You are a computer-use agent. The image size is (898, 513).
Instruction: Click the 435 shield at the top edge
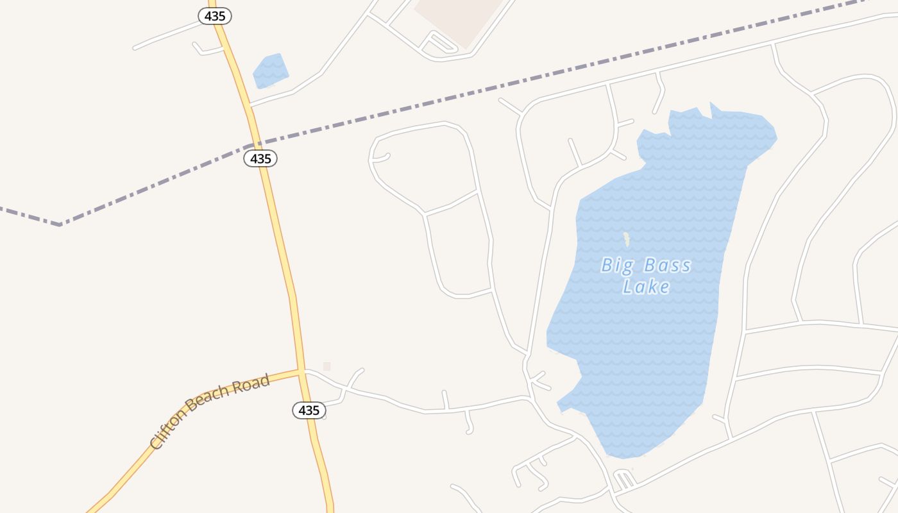pyautogui.click(x=215, y=16)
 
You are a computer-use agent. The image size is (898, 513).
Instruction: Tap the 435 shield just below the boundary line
pyautogui.click(x=260, y=158)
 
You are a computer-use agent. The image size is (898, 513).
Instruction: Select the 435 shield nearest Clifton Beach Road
pyautogui.click(x=309, y=410)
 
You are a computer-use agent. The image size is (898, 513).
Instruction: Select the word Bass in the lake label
pyautogui.click(x=667, y=265)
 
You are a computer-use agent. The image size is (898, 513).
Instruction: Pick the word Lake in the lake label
pyautogui.click(x=646, y=287)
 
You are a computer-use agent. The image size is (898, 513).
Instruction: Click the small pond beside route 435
pyautogui.click(x=271, y=71)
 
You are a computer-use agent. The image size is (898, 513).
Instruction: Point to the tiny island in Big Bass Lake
pyautogui.click(x=627, y=239)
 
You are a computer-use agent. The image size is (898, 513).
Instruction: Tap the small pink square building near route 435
pyautogui.click(x=326, y=366)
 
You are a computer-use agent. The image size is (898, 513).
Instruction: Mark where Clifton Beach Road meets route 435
pyautogui.click(x=301, y=371)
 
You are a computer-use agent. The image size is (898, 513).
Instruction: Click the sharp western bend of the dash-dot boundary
pyautogui.click(x=60, y=224)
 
